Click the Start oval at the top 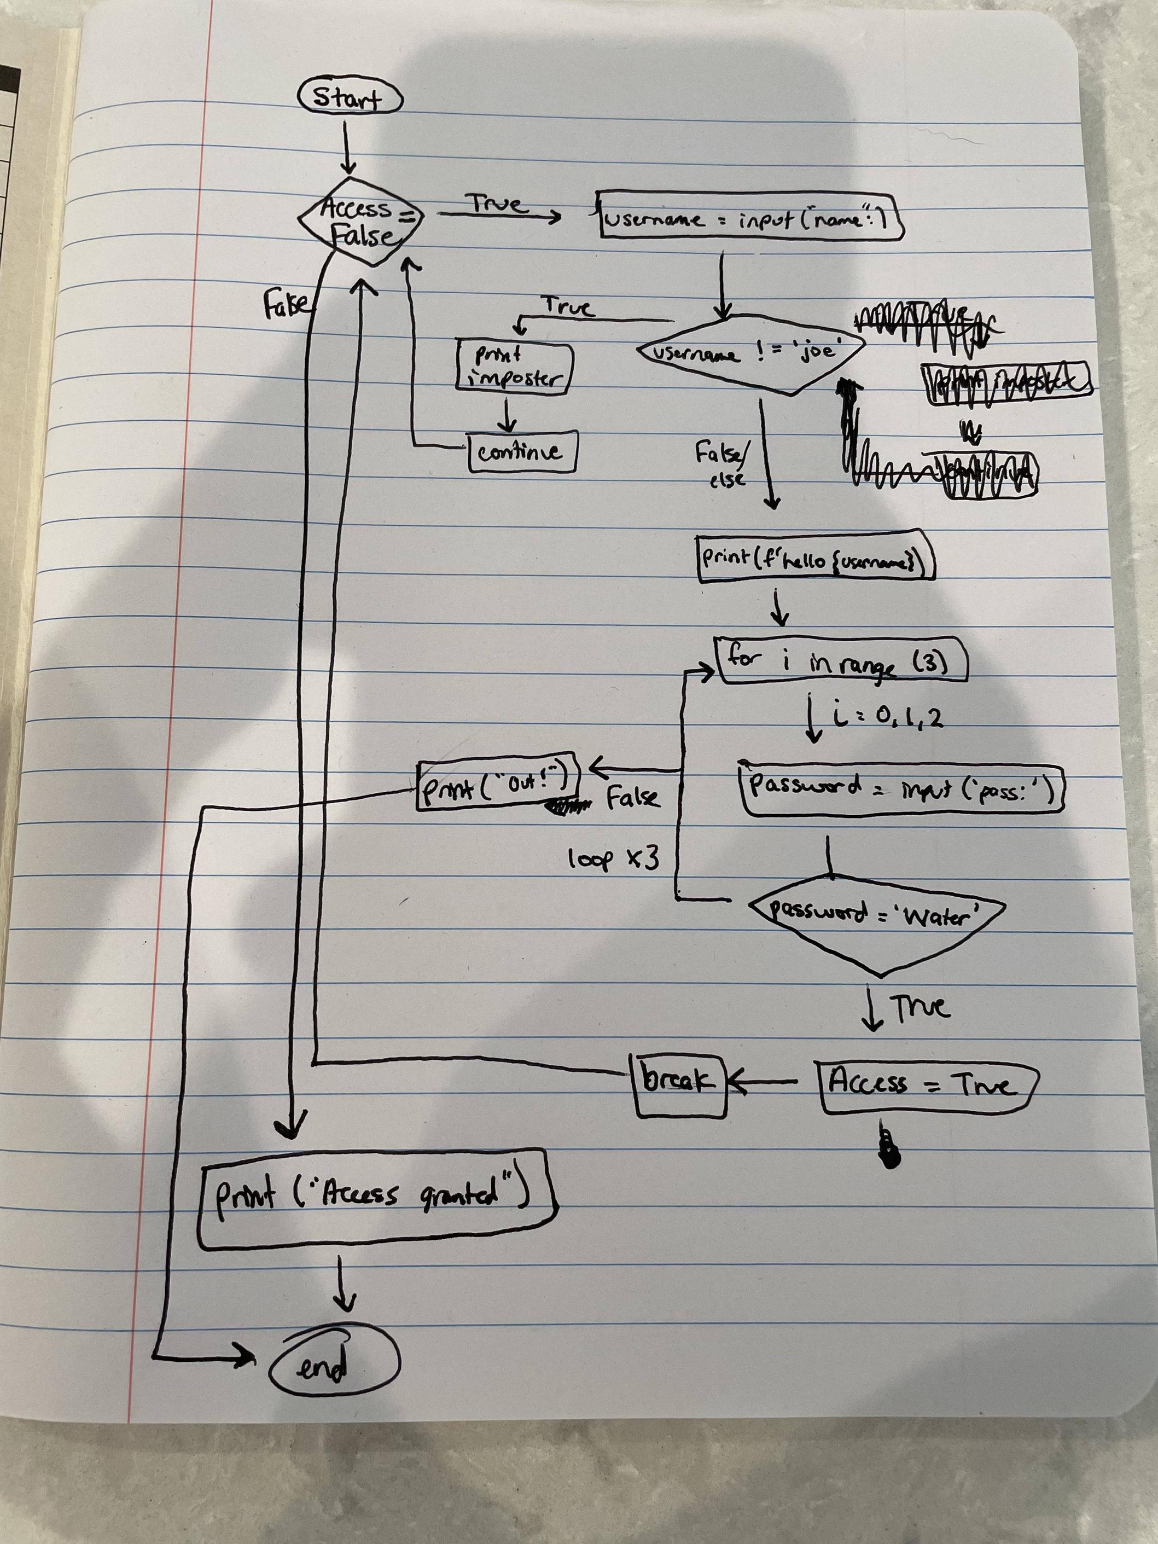click(350, 99)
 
